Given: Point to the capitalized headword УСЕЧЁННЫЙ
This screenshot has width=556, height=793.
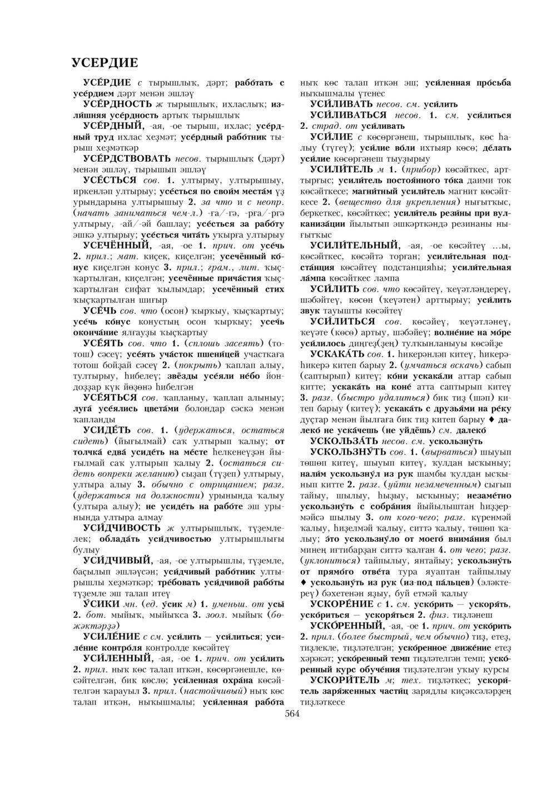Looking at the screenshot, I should click(x=116, y=245).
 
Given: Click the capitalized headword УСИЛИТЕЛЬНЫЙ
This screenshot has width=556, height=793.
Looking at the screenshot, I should click(x=355, y=245).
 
